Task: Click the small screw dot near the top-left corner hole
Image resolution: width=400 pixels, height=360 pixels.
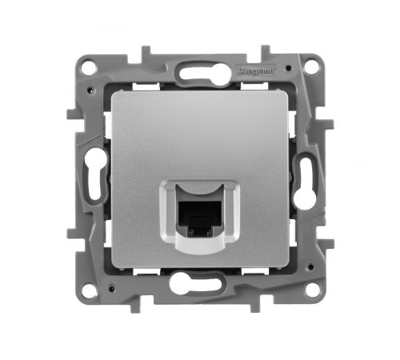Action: click(x=103, y=86)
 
